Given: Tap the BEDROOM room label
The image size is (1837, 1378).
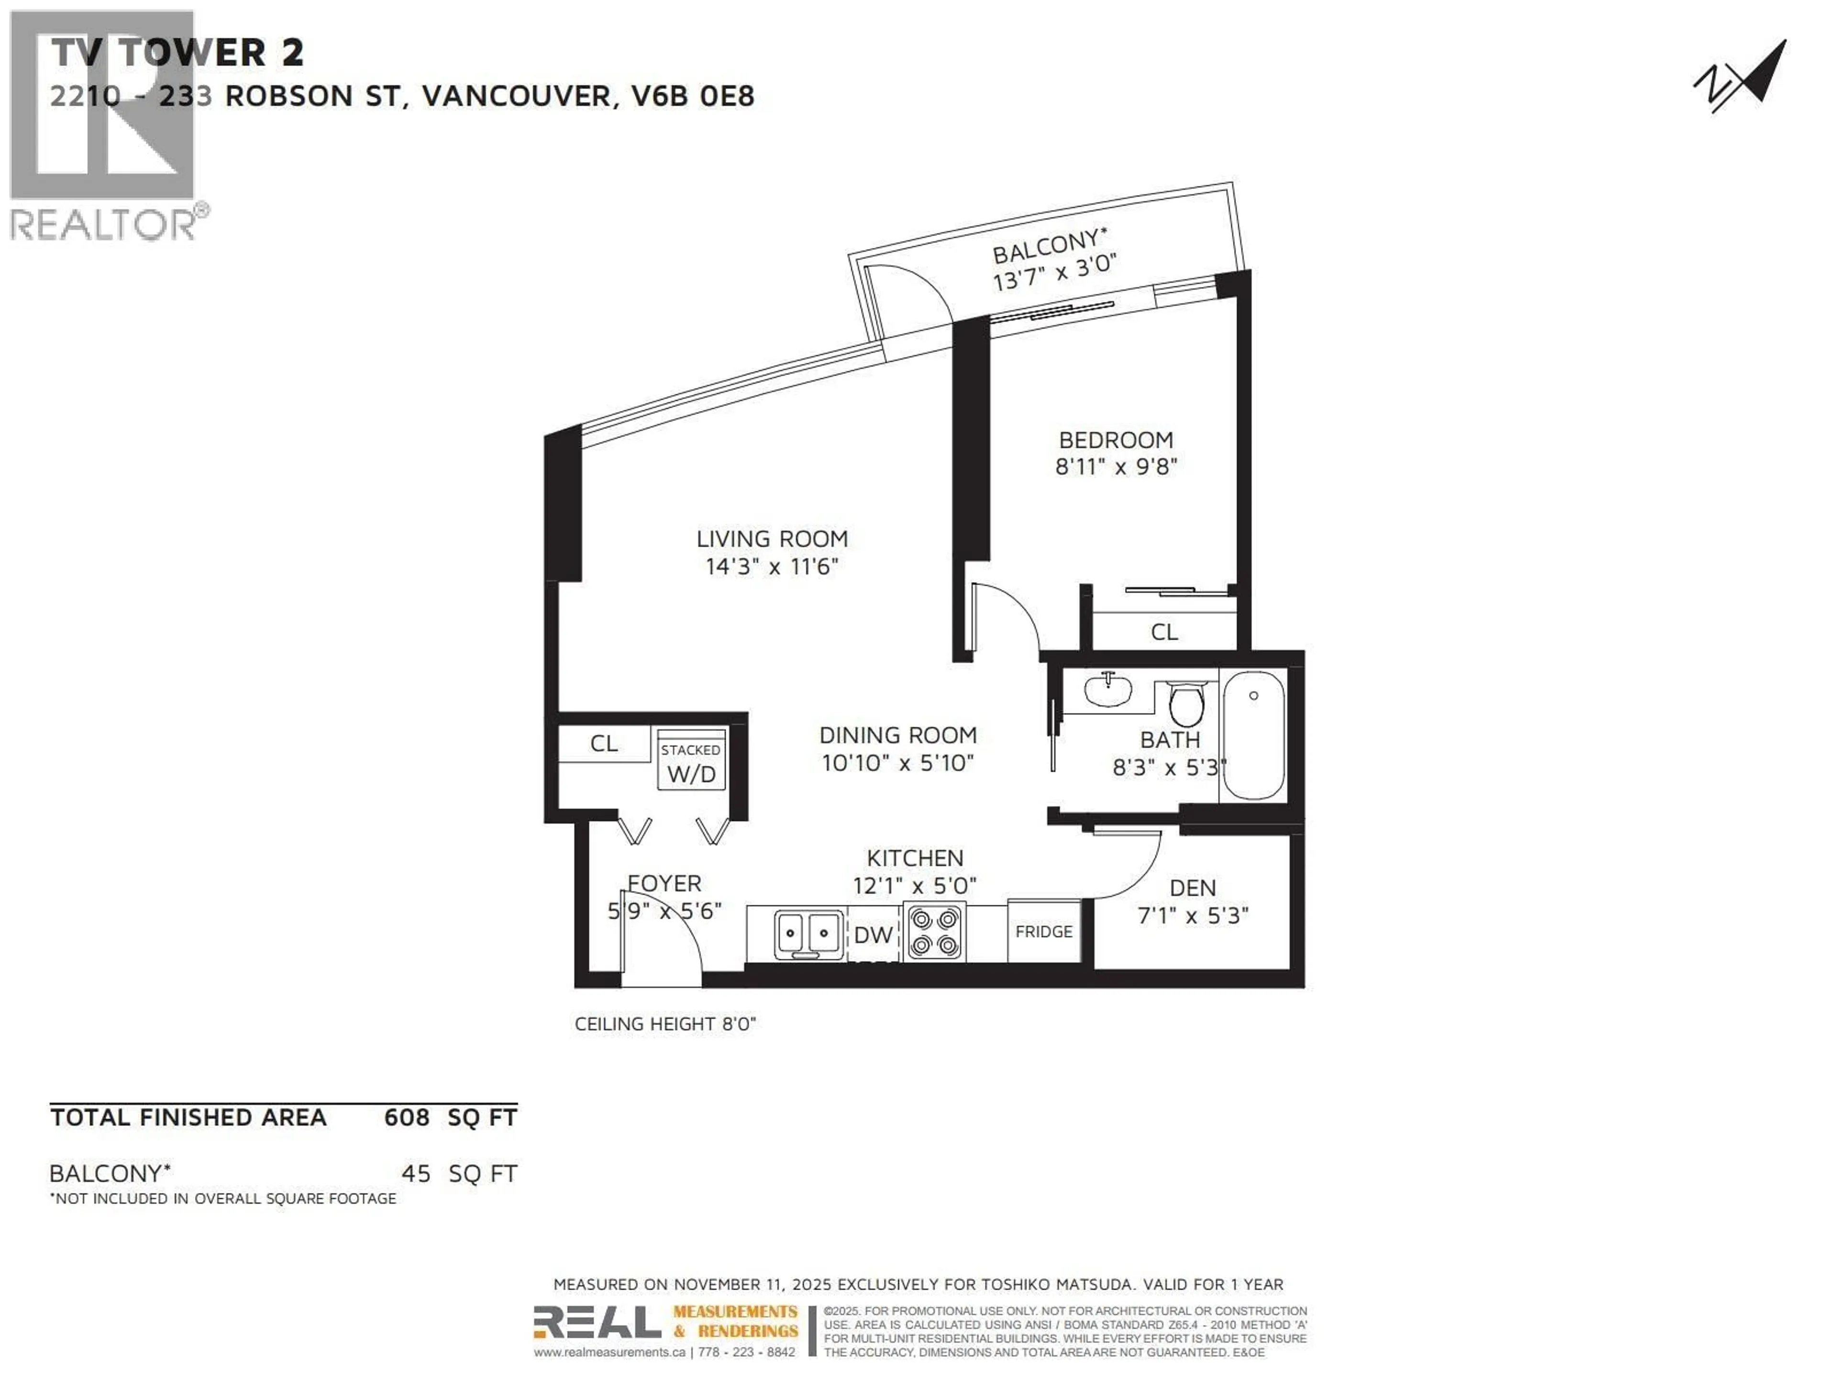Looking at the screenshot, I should pos(1115,440).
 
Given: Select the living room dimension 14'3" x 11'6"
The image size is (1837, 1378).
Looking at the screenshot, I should pos(772,567).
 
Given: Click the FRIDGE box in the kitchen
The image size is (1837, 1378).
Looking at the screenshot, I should pos(1044,931).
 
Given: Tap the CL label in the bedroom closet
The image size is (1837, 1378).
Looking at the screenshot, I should pos(1163,632).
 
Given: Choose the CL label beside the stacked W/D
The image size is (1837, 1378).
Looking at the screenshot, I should pos(604,744).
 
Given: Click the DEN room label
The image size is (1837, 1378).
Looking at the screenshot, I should pos(1193,888).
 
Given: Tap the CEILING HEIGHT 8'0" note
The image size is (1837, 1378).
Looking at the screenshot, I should pos(665,1024).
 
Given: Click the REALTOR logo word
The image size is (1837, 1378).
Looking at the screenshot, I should pos(104,225).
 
